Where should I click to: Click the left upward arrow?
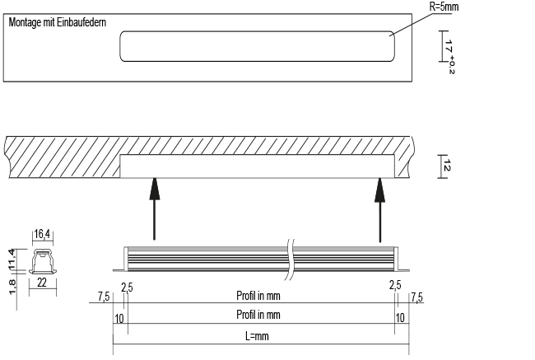click(153, 210)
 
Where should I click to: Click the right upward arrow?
click(380, 210)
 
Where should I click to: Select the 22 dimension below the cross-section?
click(43, 283)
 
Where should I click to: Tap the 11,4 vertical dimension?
click(12, 259)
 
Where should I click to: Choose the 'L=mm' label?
click(258, 336)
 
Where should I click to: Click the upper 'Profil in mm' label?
click(258, 294)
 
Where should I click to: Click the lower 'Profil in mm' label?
click(258, 316)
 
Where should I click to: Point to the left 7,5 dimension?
click(103, 295)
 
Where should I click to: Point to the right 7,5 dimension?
click(416, 295)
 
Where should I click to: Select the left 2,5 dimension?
click(127, 287)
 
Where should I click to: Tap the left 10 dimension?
click(120, 316)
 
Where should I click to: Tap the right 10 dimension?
click(401, 316)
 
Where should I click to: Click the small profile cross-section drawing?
click(42, 262)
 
